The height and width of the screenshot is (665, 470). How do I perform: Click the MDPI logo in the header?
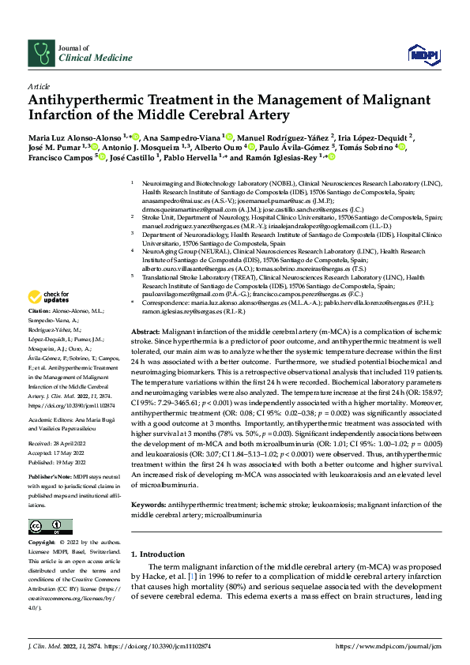419,53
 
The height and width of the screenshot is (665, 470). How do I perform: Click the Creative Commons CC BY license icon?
50,525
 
